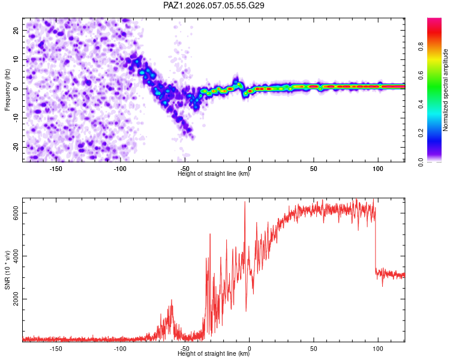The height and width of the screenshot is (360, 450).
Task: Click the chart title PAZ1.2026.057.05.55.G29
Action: (x=214, y=5)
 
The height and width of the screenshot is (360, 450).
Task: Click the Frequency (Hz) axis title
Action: (x=8, y=90)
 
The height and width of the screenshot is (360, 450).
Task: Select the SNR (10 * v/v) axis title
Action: (x=8, y=269)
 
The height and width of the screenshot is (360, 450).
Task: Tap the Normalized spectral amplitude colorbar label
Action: (x=446, y=90)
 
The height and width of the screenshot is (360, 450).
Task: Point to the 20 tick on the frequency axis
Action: (x=16, y=30)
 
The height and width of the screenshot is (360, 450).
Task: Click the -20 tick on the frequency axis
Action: (x=16, y=147)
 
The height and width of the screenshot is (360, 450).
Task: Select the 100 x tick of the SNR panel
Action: (x=378, y=348)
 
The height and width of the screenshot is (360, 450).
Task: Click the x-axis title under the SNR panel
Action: (x=214, y=354)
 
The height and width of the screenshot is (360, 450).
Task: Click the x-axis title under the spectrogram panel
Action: (x=214, y=174)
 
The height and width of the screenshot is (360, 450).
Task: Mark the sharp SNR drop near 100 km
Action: (x=376, y=240)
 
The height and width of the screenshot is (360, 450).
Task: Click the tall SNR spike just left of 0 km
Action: (x=245, y=203)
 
